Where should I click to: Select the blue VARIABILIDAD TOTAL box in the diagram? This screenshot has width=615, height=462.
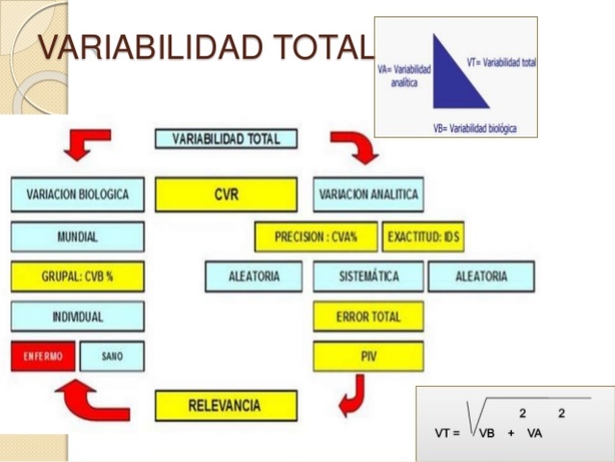coord(226,139)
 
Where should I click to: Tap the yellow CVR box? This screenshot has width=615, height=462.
coord(226,194)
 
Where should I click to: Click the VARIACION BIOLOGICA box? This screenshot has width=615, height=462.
coord(78,194)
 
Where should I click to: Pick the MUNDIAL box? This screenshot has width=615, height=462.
coord(78,236)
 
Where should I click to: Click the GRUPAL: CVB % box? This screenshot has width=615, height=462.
coord(78,276)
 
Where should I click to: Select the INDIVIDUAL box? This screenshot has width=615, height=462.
coord(78,316)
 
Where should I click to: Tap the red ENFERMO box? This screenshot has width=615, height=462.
coord(43,356)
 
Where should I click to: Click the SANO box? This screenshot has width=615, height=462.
coord(112,356)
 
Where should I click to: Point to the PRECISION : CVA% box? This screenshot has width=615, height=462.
coord(317,237)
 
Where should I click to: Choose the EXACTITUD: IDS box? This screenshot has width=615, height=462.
coord(423,237)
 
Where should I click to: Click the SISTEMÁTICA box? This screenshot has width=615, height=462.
coord(368,276)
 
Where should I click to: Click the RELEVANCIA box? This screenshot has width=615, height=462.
coord(226,405)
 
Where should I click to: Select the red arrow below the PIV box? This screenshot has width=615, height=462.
coord(352,395)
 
